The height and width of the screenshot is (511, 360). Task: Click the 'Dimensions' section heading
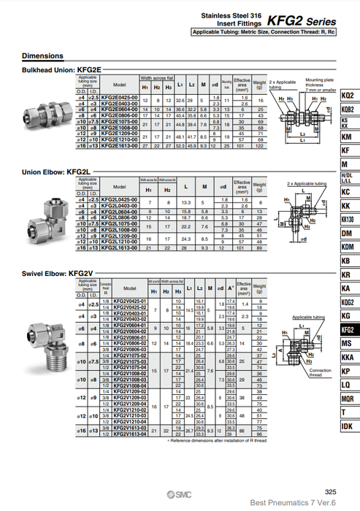[42, 56]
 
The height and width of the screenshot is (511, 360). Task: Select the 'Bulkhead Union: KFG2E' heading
[55, 69]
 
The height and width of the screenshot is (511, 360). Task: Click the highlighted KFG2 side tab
[348, 330]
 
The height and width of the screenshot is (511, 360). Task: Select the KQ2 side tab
[348, 96]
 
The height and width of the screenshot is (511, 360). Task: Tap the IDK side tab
[348, 426]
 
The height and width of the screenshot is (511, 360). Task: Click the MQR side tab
[348, 399]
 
